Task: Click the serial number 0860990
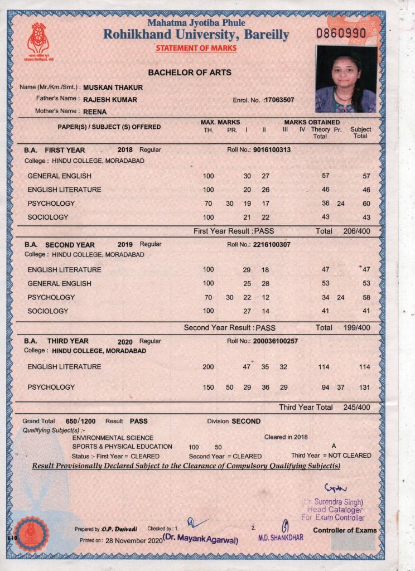[341, 33]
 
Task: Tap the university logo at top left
[39, 41]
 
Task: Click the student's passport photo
[346, 79]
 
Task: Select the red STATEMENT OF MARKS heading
[196, 48]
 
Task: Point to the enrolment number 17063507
[279, 100]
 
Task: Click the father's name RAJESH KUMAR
[110, 100]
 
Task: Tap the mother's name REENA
[95, 111]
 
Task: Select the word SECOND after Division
[246, 421]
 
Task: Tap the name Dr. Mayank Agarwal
[200, 539]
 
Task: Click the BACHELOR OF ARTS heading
[190, 72]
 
